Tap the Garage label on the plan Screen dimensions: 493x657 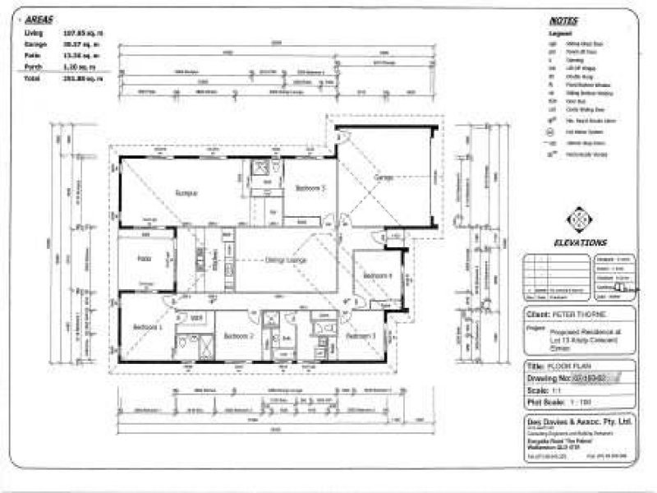383,178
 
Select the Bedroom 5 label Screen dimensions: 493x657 311,188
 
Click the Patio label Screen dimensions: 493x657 143,258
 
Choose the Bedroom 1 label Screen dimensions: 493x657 148,328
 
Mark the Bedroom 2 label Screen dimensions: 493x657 238,336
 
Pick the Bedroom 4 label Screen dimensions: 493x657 377,275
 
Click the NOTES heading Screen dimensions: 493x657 565,21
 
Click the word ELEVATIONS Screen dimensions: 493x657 580,242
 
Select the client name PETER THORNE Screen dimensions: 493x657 578,314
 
